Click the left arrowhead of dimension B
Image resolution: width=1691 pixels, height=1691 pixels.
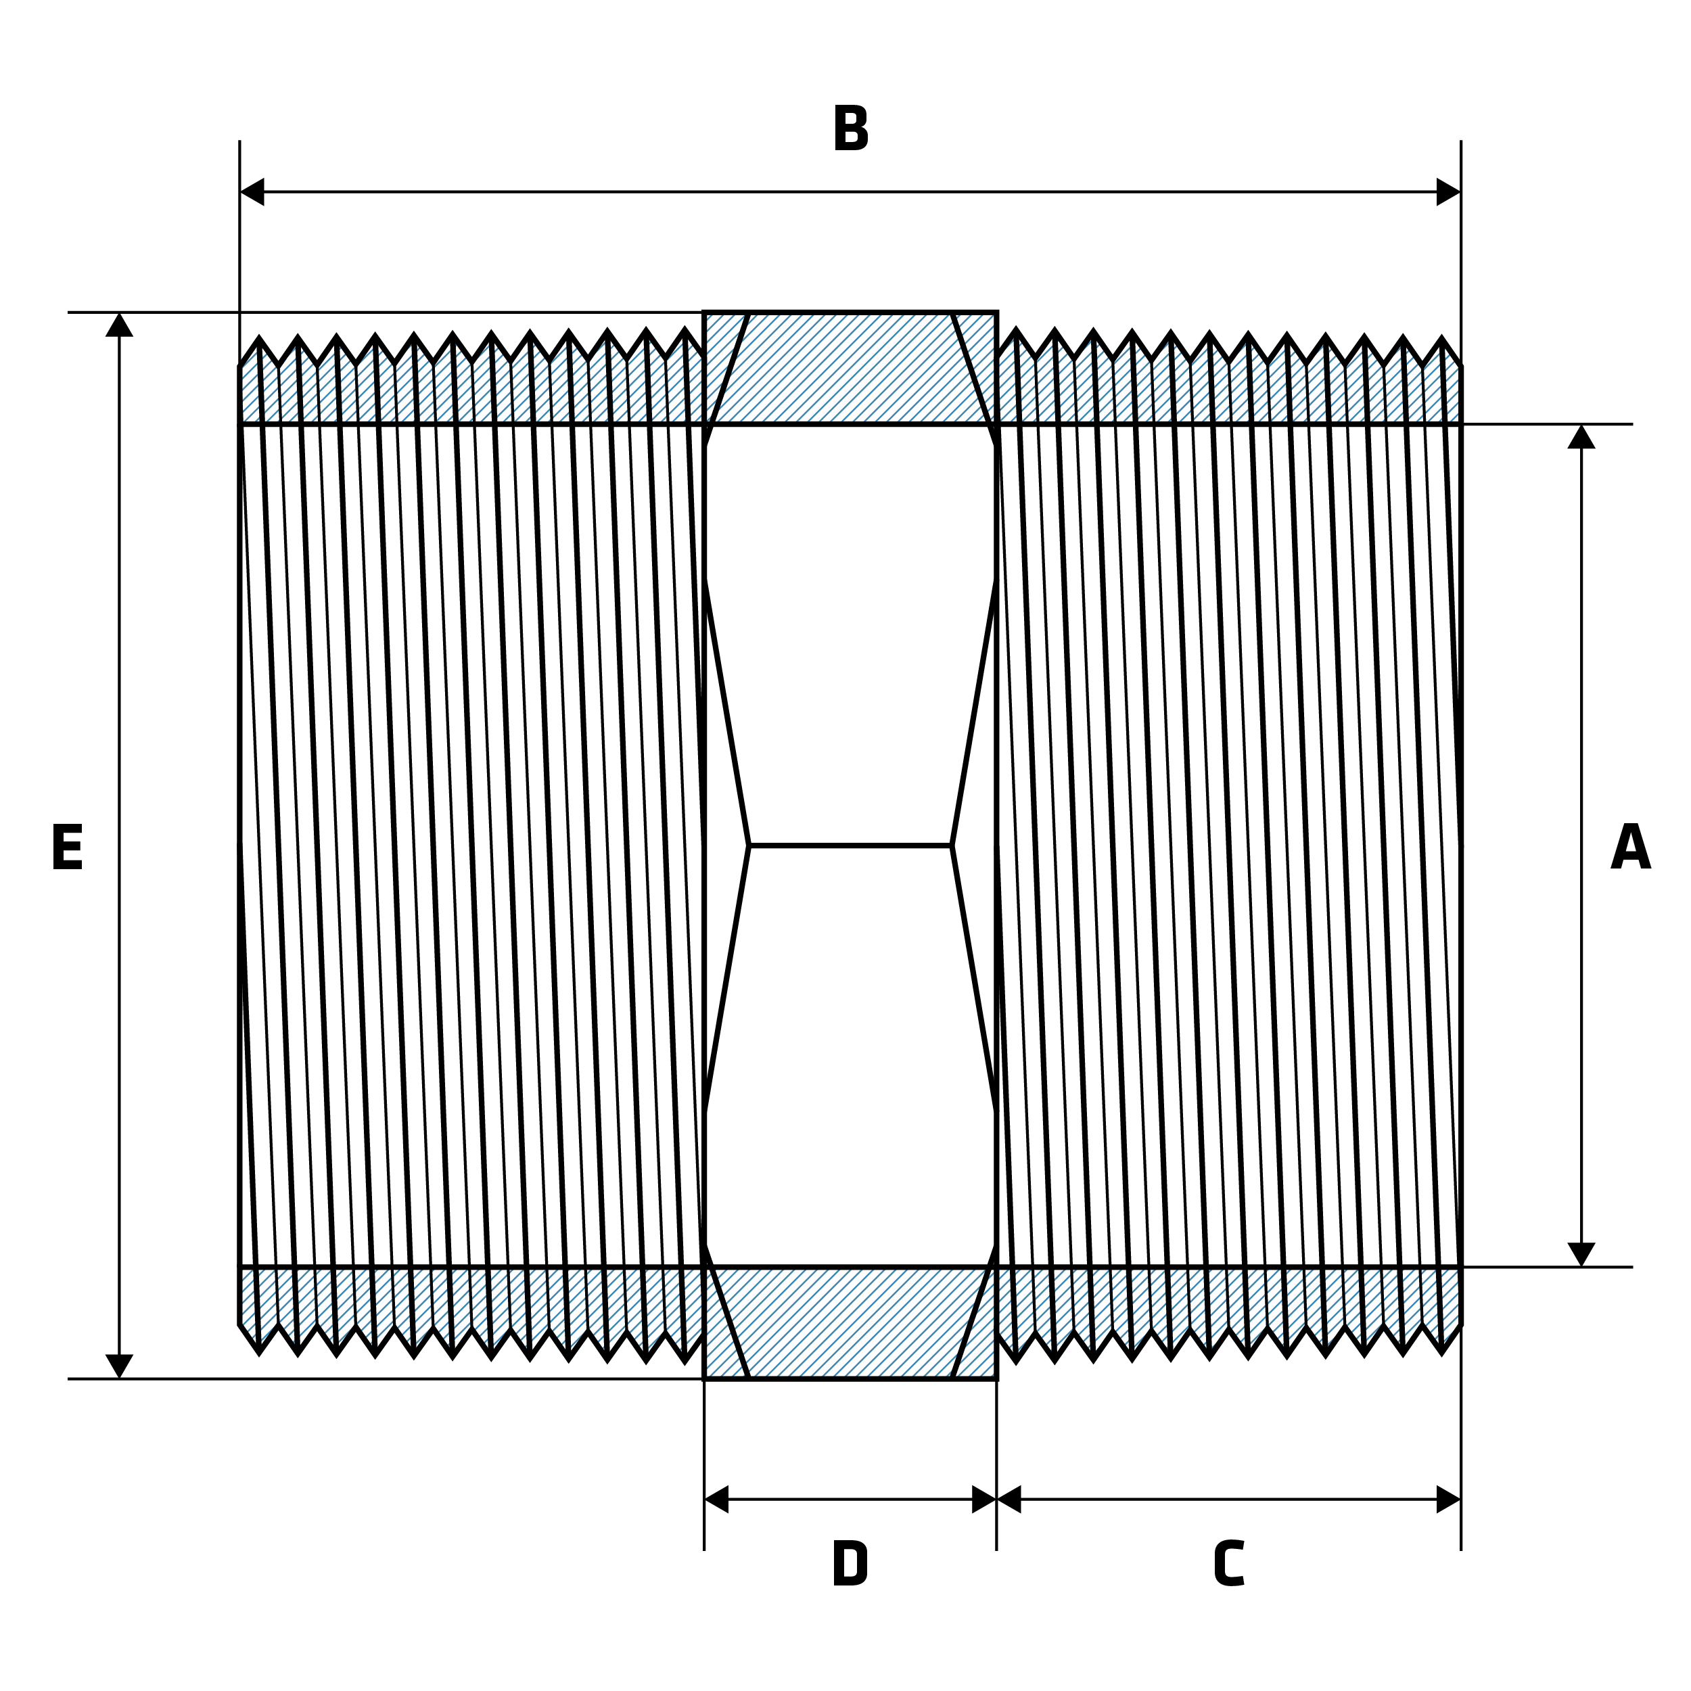(x=252, y=191)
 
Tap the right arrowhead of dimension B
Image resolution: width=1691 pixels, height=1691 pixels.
(x=1449, y=191)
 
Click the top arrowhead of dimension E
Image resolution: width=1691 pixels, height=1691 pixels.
(x=119, y=325)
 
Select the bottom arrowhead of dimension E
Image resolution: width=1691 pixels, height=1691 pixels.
(x=119, y=1366)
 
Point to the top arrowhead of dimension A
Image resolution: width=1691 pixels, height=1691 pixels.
(x=1581, y=437)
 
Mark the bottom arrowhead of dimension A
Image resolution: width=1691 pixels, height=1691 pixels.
(x=1581, y=1254)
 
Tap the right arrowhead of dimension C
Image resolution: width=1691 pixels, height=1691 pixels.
(x=1449, y=1500)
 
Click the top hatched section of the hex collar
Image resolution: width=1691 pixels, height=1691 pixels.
(x=850, y=367)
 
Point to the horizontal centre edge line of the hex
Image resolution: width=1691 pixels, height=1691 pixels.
(x=850, y=845)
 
